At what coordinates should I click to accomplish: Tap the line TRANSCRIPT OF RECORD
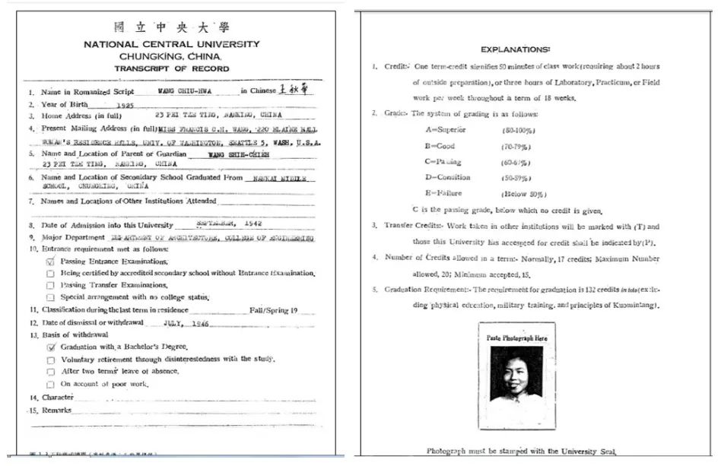pyautogui.click(x=171, y=68)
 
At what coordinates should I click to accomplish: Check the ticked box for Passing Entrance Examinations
pyautogui.click(x=51, y=262)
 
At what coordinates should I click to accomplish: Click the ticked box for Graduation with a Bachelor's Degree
pyautogui.click(x=51, y=347)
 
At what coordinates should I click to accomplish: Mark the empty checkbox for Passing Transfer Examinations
pyautogui.click(x=51, y=285)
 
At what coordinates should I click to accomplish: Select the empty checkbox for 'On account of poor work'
pyautogui.click(x=51, y=384)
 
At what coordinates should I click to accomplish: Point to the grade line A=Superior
pyautogui.click(x=446, y=129)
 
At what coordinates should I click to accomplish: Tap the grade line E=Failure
pyautogui.click(x=444, y=193)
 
